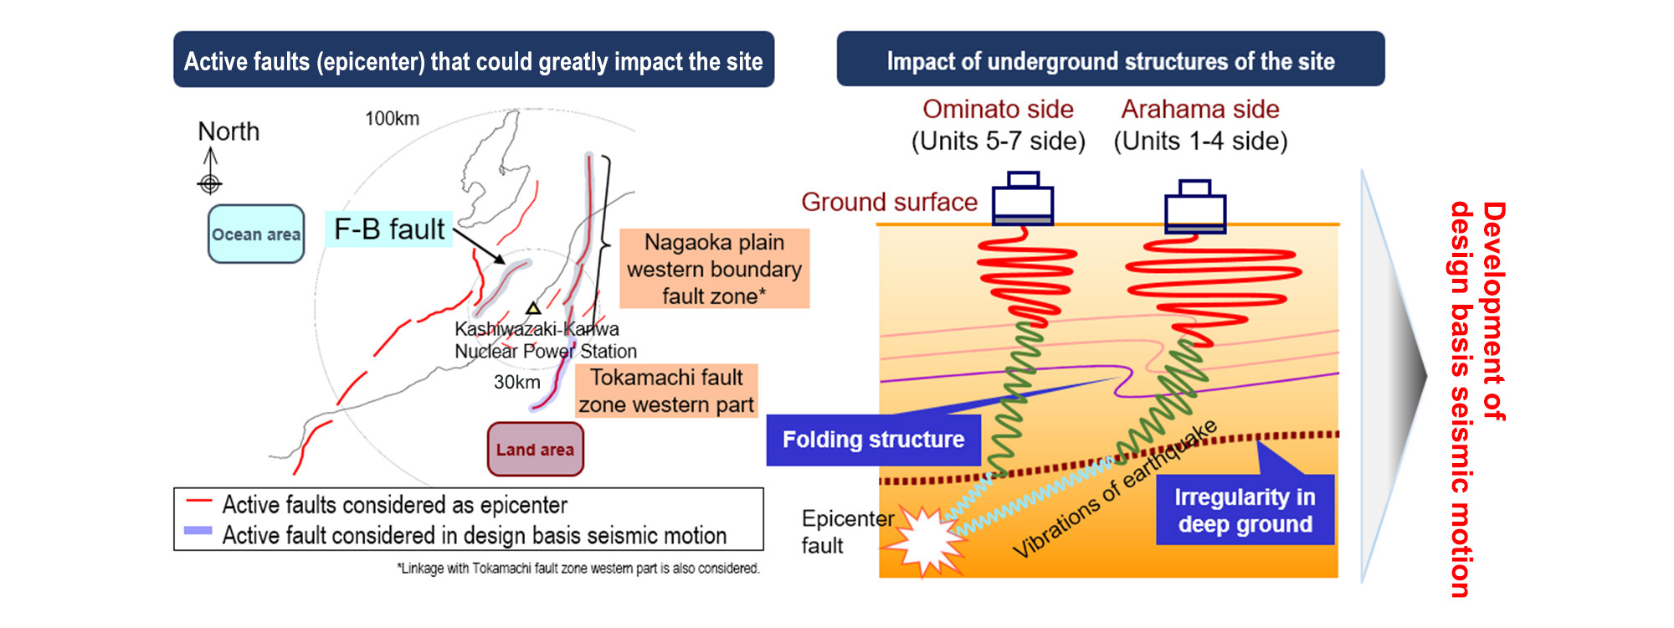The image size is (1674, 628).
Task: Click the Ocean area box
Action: tap(256, 234)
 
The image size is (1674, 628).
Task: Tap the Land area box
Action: tap(536, 450)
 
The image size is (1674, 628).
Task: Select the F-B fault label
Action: tap(389, 229)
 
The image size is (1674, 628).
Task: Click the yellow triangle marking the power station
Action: tap(533, 308)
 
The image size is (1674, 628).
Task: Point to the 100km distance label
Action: tap(392, 119)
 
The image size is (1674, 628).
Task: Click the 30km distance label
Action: tap(516, 383)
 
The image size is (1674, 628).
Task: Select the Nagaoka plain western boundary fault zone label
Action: tap(714, 269)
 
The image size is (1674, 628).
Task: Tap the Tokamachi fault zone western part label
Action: tap(666, 391)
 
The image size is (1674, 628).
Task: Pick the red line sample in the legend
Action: tap(199, 502)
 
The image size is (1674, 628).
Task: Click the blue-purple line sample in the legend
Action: tap(198, 531)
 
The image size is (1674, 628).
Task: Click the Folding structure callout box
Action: tap(873, 440)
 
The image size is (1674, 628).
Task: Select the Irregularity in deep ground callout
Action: tap(1245, 511)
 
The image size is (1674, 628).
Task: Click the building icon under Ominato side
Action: tap(1022, 200)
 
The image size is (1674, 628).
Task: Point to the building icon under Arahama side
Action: tap(1195, 207)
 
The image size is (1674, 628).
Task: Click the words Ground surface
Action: tap(889, 203)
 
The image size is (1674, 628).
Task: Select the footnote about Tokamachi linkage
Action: tap(578, 569)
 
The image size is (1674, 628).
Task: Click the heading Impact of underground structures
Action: tap(1110, 60)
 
